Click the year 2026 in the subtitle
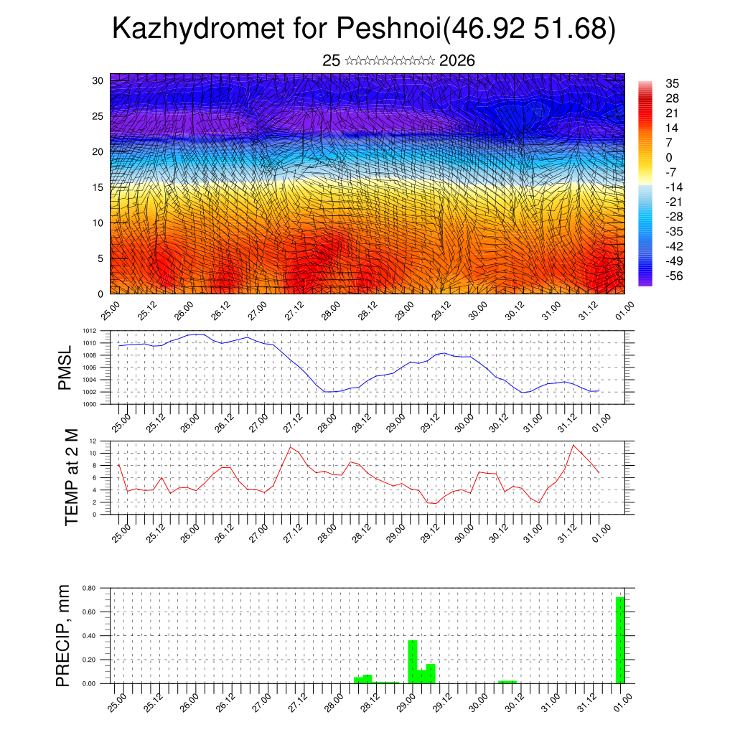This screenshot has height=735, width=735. pyautogui.click(x=457, y=61)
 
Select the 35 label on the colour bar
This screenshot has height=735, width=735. pyautogui.click(x=673, y=83)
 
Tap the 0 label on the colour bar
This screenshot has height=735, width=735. pyautogui.click(x=669, y=157)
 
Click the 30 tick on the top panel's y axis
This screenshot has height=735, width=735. pyautogui.click(x=98, y=80)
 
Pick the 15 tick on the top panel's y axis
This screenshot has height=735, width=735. pyautogui.click(x=98, y=187)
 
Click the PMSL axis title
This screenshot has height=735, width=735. pyautogui.click(x=65, y=367)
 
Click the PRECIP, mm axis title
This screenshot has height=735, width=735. pyautogui.click(x=64, y=635)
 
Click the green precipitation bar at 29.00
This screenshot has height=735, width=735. pyautogui.click(x=413, y=661)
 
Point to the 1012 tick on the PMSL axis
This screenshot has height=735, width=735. pyautogui.click(x=90, y=331)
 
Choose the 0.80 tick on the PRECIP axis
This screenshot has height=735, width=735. pyautogui.click(x=89, y=588)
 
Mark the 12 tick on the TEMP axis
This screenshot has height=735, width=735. pyautogui.click(x=93, y=441)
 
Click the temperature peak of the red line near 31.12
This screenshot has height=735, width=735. pyautogui.click(x=574, y=445)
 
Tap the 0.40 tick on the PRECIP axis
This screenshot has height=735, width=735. pyautogui.click(x=89, y=636)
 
